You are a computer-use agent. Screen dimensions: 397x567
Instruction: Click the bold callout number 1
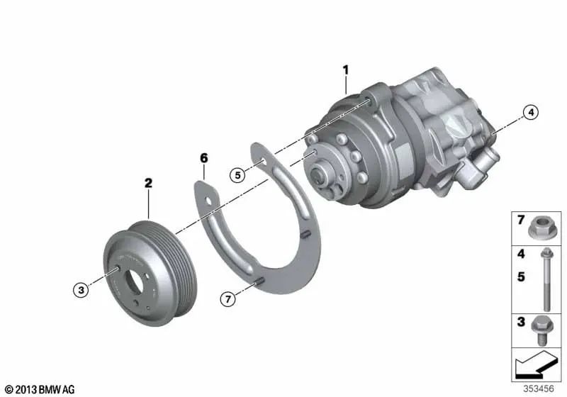(x=346, y=69)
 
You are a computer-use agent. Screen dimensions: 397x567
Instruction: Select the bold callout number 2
(x=148, y=183)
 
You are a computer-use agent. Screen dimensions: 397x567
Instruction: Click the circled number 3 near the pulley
(x=82, y=289)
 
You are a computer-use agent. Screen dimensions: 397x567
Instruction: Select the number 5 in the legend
(x=521, y=278)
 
